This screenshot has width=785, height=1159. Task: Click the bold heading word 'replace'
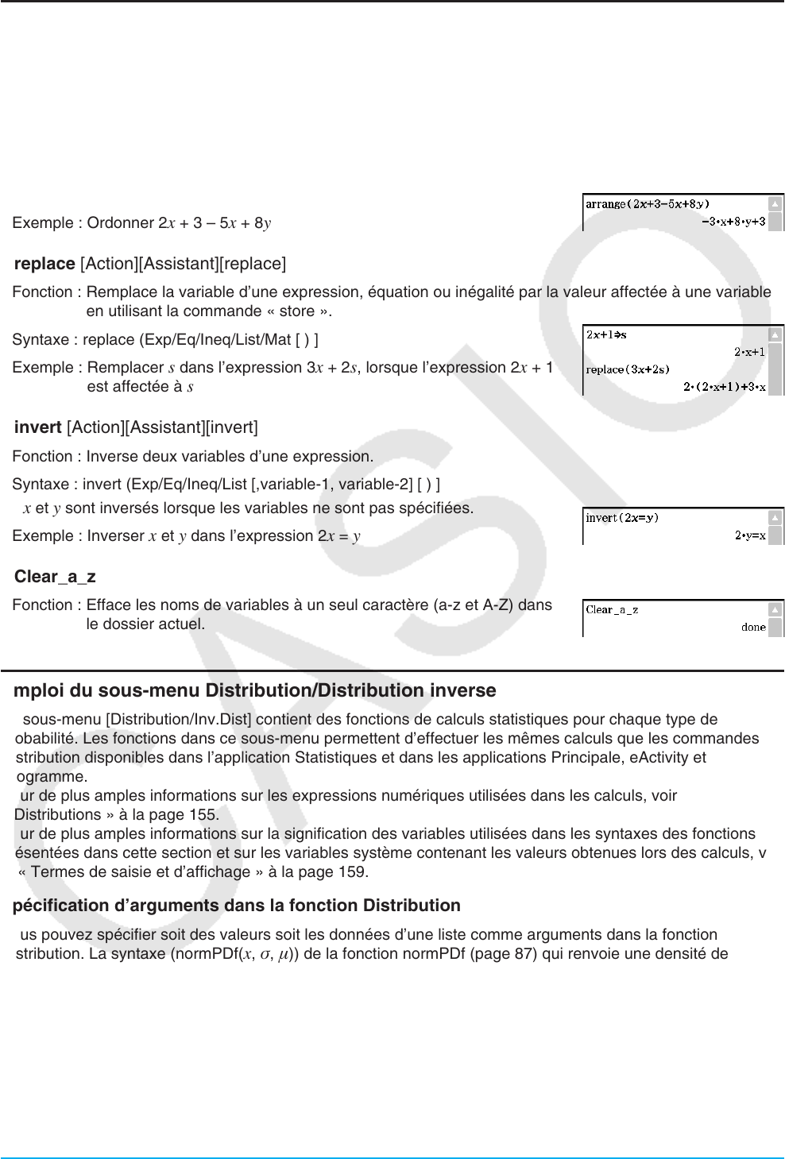44,264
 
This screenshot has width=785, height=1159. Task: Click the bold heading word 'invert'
37,427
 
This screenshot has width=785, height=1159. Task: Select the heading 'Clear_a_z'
55,577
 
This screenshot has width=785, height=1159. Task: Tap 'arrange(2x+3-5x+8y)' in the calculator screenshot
648,204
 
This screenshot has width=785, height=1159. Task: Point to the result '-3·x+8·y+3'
733,222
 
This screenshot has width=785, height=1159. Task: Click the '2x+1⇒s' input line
606,335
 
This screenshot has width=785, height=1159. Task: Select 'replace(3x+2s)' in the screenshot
628,369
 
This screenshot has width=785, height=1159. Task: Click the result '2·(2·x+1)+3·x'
724,387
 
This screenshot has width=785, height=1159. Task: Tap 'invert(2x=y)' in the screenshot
622,518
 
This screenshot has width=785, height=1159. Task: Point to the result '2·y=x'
750,535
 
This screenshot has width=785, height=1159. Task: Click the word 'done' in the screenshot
753,627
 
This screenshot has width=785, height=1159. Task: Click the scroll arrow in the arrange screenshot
775,204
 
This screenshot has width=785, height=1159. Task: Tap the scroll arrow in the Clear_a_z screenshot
775,609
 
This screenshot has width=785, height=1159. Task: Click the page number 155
203,815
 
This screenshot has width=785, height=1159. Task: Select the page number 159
353,872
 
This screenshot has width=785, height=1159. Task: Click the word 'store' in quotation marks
297,311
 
